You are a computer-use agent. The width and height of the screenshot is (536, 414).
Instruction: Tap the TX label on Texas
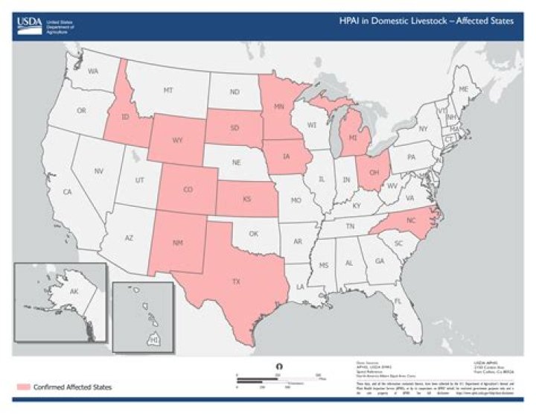tap(236, 282)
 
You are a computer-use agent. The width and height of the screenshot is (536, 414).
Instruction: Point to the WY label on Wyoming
tap(177, 140)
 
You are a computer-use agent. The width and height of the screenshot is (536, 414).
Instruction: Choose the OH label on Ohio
tap(374, 170)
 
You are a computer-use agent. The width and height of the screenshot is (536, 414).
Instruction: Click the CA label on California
tap(67, 192)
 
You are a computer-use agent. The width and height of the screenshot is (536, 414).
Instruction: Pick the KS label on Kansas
tap(246, 200)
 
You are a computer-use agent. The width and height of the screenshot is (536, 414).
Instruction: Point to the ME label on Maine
tap(464, 89)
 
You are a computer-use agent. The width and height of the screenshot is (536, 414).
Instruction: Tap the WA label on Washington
tap(93, 71)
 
